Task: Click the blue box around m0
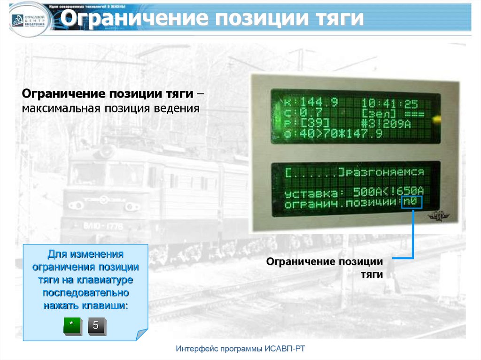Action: click(x=412, y=202)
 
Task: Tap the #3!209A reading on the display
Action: click(x=393, y=124)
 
